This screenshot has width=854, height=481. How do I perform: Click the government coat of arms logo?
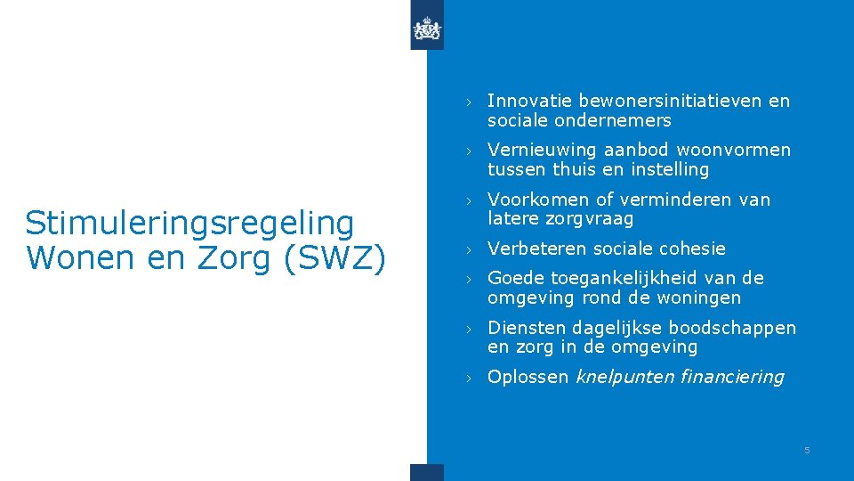coord(427,31)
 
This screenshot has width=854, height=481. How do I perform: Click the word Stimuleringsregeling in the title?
coord(189,223)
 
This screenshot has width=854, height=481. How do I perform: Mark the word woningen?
coord(697,298)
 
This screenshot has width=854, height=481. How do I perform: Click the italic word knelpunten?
coord(624,377)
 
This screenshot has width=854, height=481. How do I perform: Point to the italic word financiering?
coord(731,377)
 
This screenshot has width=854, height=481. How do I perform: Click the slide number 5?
coord(807,451)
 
